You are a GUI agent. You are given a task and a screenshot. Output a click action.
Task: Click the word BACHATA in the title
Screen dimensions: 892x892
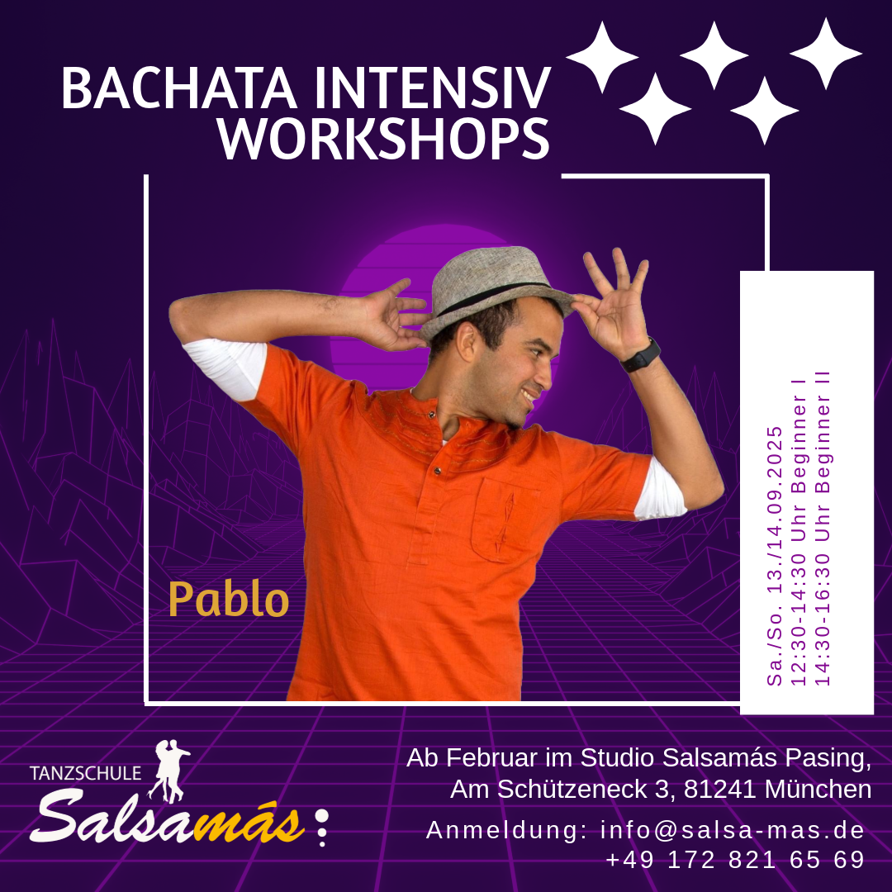tap(179, 88)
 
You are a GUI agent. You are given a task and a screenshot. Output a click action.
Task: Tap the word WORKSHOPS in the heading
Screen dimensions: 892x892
tap(384, 138)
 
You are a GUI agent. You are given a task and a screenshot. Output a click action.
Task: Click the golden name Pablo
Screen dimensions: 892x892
tap(229, 599)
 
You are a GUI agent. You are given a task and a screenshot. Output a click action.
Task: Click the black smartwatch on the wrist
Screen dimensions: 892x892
tap(641, 355)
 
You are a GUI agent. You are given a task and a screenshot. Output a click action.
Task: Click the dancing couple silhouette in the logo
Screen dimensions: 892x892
tap(168, 771)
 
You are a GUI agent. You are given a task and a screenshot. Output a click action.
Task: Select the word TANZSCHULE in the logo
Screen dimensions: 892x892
tap(85, 773)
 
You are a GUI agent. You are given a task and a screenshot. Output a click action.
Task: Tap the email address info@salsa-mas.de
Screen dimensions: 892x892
tap(733, 830)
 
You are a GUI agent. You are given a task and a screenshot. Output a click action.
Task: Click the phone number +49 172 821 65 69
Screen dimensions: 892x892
tap(736, 860)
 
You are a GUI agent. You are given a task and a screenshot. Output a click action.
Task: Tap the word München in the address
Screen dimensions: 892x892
tap(818, 789)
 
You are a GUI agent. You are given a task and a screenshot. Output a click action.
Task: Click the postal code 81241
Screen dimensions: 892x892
tap(719, 789)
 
